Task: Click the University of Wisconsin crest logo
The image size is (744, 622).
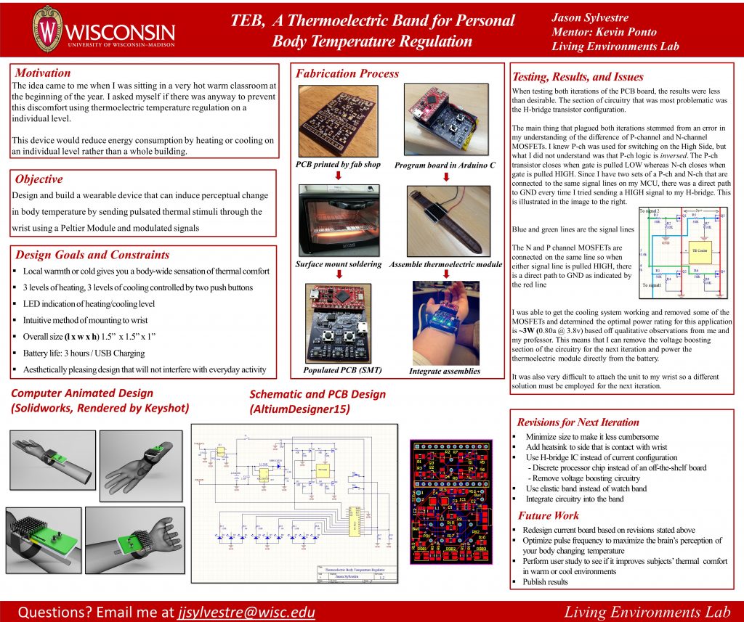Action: tap(49, 30)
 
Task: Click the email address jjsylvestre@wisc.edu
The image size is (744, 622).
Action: tap(246, 612)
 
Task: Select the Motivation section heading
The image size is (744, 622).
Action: tap(43, 73)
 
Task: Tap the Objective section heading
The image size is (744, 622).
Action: tap(39, 179)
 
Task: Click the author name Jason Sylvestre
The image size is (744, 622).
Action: tap(591, 17)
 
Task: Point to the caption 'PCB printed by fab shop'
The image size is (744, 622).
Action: tap(338, 165)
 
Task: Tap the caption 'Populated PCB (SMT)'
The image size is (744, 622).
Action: tap(341, 370)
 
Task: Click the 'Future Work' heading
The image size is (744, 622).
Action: tap(548, 515)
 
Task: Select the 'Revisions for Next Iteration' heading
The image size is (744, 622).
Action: tap(578, 422)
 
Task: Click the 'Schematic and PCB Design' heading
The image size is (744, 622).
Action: tap(318, 394)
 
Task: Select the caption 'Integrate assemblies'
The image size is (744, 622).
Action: tap(445, 371)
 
